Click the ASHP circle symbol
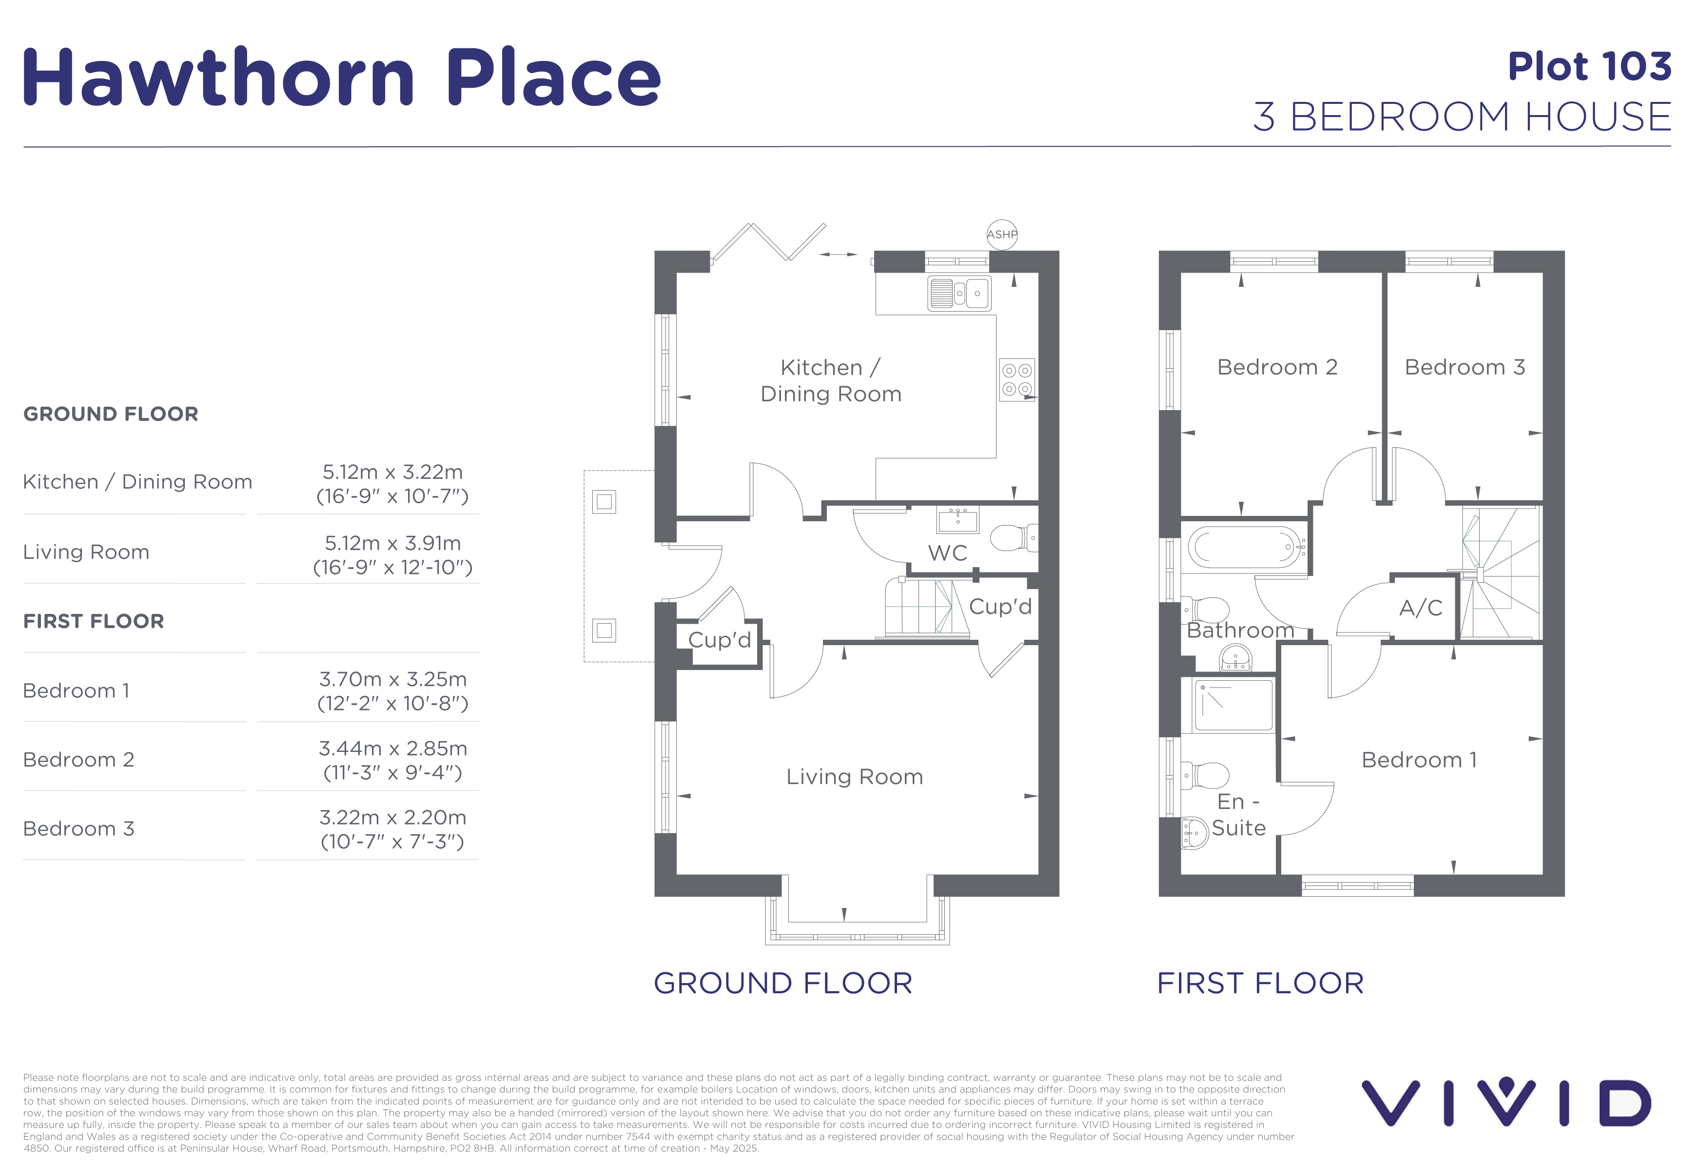1002,234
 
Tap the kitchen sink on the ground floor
959,293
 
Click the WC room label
947,553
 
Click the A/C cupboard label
1420,608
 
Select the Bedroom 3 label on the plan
1465,367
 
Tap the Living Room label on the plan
854,777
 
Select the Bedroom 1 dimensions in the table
392,691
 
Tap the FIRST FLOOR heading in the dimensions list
94,621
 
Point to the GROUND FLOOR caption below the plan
783,983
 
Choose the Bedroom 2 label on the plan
1277,367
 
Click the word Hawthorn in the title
219,77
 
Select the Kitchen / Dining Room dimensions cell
392,484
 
